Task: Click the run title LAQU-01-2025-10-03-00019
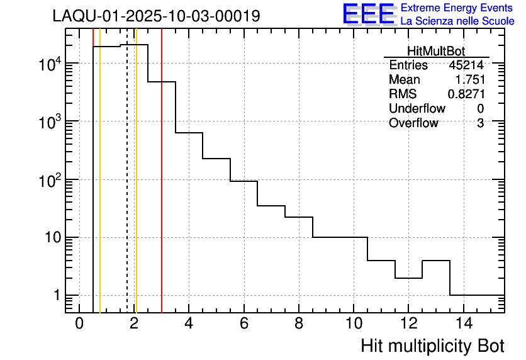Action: pos(156,16)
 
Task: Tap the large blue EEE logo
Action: pos(369,14)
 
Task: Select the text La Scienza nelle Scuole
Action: pos(457,21)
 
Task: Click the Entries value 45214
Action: pos(466,65)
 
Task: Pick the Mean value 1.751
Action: pos(470,80)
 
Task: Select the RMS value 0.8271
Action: pos(466,94)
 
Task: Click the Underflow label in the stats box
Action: pos(417,109)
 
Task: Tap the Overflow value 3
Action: pos(480,123)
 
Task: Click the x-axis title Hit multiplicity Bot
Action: pos(432,346)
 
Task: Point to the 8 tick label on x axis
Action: pos(298,324)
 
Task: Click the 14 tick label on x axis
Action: pos(462,324)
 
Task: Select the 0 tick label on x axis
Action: pos(79,324)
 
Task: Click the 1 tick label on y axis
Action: pos(55,296)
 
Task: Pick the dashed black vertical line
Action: pos(127,189)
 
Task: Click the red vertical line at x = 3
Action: pos(162,189)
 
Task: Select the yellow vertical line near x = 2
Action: pos(136,189)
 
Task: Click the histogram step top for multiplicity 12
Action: pos(408,278)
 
